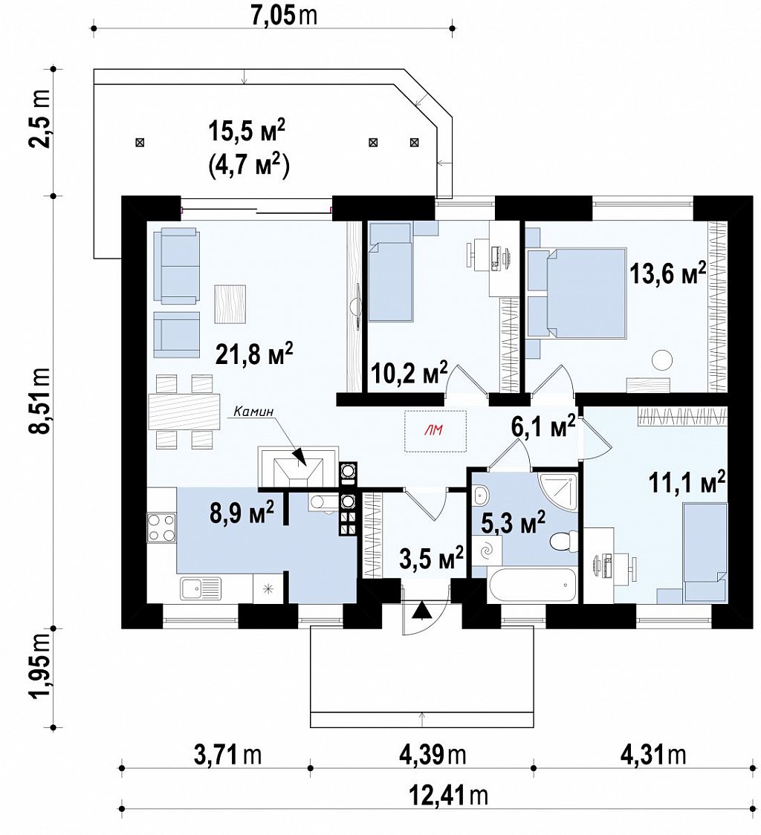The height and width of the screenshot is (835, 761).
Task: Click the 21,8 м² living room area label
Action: click(x=254, y=353)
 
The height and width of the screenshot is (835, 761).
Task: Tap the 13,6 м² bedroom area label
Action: click(x=668, y=273)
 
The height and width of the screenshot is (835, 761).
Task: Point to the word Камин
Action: click(x=253, y=411)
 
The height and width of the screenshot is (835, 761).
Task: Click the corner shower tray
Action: click(x=557, y=488)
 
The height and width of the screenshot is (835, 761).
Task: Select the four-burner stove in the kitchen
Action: click(x=161, y=527)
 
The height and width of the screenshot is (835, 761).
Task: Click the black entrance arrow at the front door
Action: click(x=423, y=610)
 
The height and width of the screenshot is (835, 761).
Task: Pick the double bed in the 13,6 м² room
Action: click(x=577, y=293)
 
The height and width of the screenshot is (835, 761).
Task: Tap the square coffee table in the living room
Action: click(x=230, y=304)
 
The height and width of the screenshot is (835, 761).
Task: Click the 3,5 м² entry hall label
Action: click(x=430, y=559)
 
